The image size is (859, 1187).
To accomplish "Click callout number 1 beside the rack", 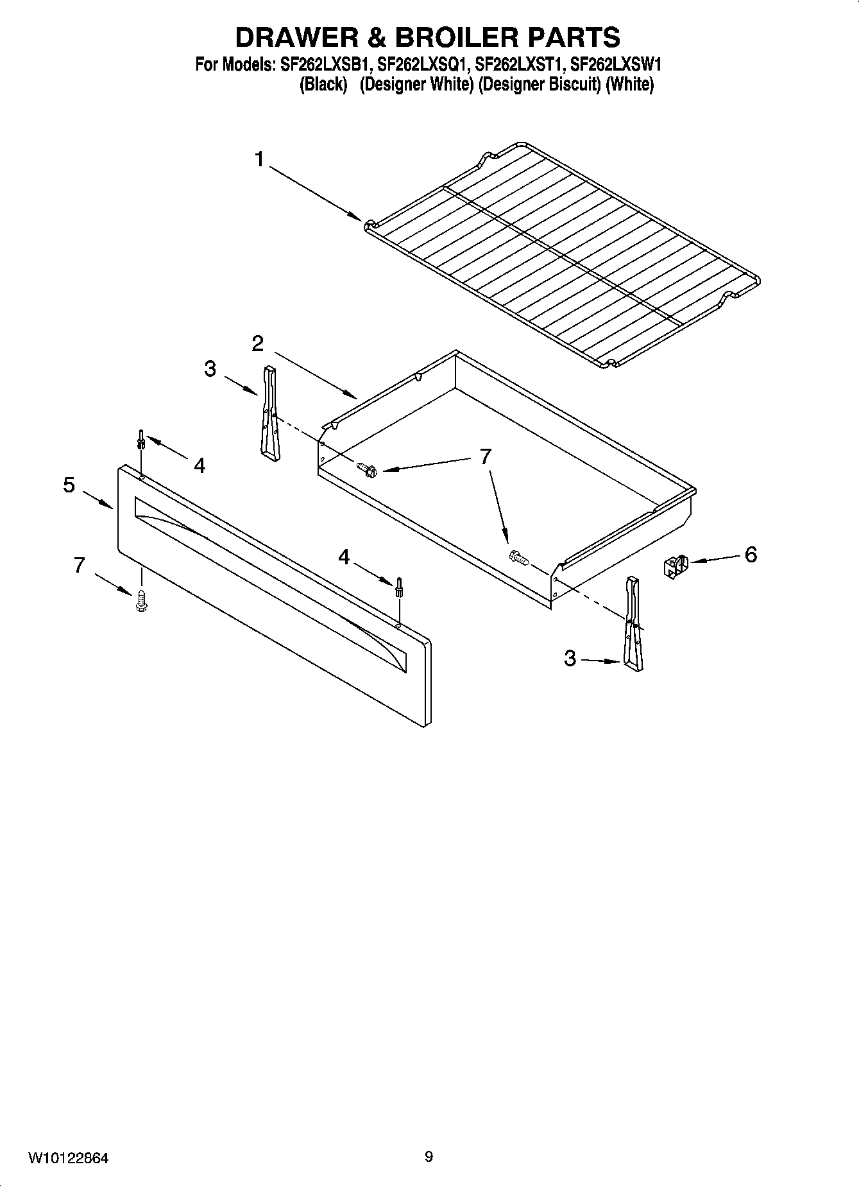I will (x=259, y=159).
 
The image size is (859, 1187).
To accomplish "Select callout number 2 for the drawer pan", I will (x=257, y=344).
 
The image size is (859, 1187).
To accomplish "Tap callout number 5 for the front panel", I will (x=69, y=485).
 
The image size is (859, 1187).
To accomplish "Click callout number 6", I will (x=751, y=554).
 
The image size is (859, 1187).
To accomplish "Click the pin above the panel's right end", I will (x=398, y=586).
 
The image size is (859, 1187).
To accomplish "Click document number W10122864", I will (x=69, y=1159).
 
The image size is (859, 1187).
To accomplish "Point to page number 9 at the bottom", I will (x=429, y=1157).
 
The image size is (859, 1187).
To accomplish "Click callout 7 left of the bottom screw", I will (x=79, y=565).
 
